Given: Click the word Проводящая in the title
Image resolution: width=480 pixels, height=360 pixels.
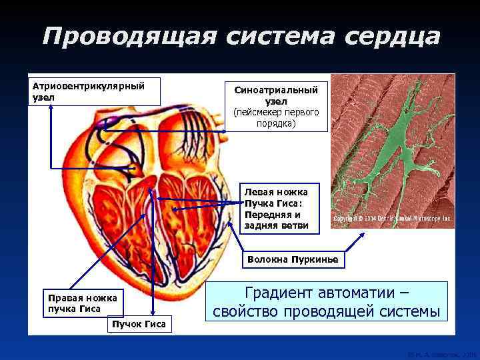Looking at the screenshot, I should coord(127,37).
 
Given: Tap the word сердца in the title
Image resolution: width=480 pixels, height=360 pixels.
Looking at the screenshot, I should coord(393,37).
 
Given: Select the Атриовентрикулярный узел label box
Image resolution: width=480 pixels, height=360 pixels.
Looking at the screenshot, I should coord(93,91).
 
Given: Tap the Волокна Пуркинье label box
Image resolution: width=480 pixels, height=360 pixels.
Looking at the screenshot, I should coord(293,259).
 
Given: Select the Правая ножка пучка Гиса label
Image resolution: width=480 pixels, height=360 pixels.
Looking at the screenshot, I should coord(80,303).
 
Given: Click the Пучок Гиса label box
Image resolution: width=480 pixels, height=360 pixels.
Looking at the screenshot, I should coord(139,323).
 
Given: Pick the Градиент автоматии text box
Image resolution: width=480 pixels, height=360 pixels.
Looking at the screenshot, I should coord(327,302).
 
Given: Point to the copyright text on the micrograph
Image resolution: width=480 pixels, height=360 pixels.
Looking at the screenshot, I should coord(392,218).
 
